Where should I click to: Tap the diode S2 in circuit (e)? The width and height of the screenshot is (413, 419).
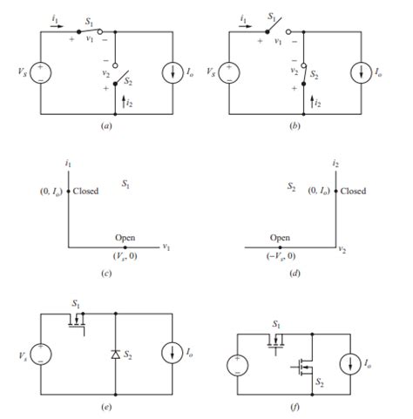pos(115,355)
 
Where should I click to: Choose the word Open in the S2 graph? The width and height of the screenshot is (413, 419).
pos(280,237)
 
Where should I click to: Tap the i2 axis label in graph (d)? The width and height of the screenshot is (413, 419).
pos(335,163)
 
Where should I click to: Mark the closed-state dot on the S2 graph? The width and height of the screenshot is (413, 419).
pos(336,190)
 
